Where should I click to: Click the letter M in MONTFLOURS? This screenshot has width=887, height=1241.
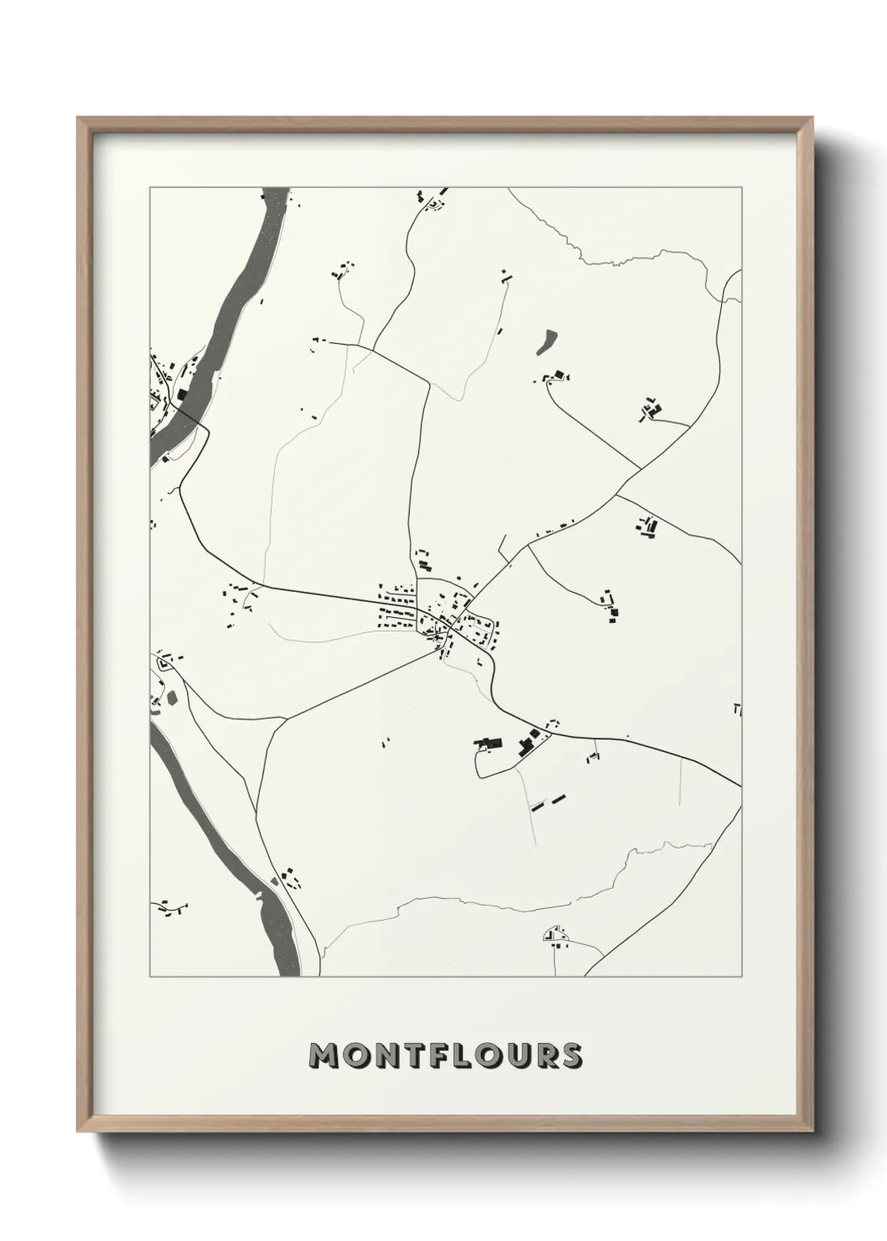tap(324, 1055)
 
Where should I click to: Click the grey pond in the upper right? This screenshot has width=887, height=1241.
tap(547, 340)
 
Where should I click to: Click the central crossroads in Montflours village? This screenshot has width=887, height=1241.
tap(450, 626)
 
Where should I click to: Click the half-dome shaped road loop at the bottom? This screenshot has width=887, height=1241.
tap(553, 934)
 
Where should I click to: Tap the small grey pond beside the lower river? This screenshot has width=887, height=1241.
tap(172, 696)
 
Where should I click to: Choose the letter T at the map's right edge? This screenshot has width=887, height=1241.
tap(737, 709)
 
